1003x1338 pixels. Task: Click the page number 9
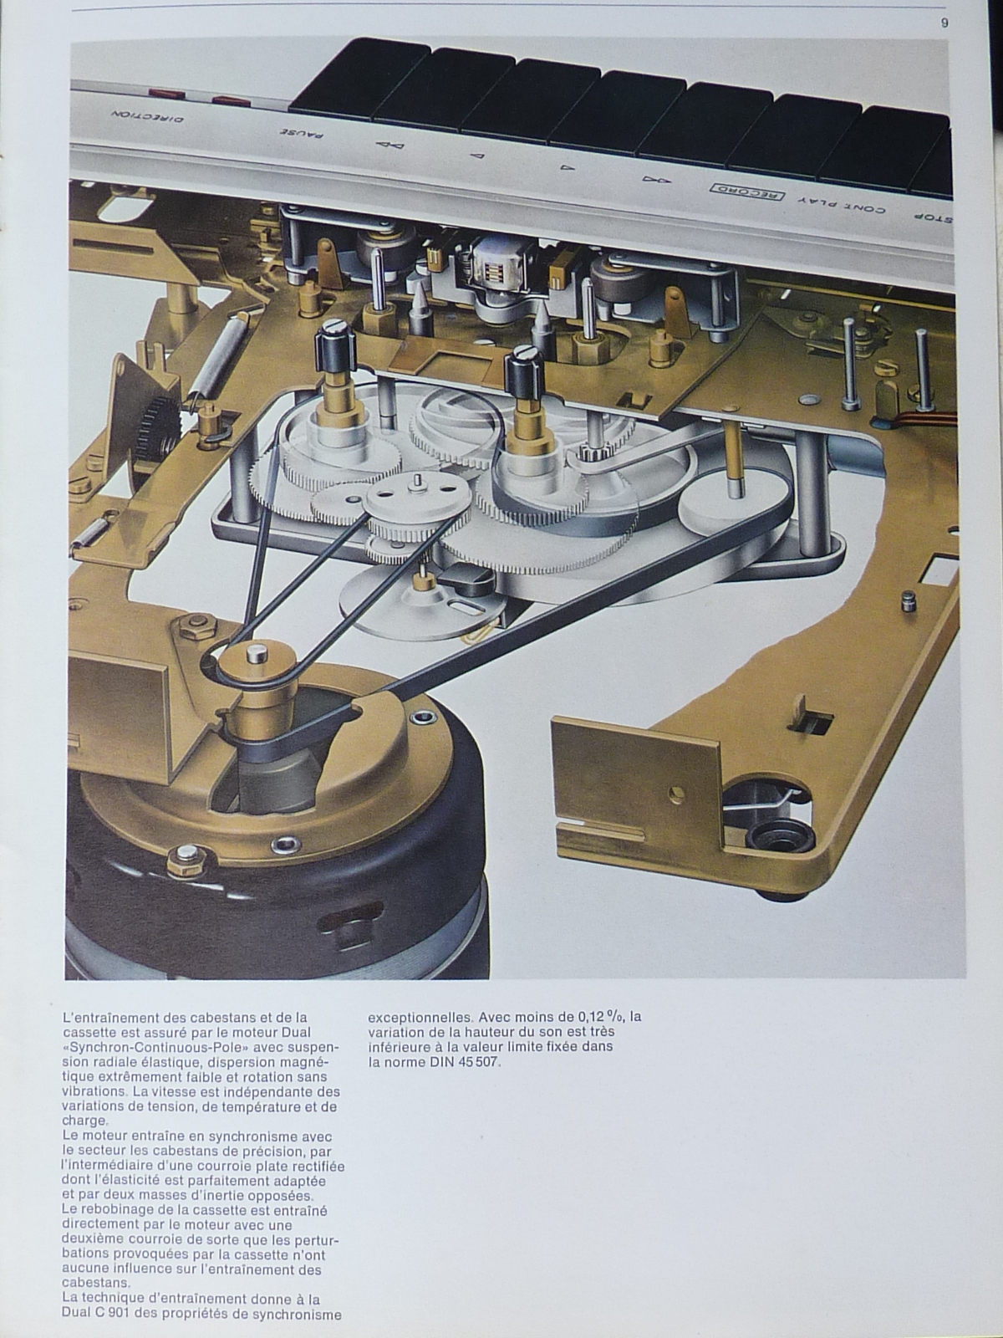click(944, 23)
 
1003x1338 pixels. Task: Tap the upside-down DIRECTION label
click(148, 116)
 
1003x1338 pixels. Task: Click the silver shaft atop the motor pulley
click(257, 653)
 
